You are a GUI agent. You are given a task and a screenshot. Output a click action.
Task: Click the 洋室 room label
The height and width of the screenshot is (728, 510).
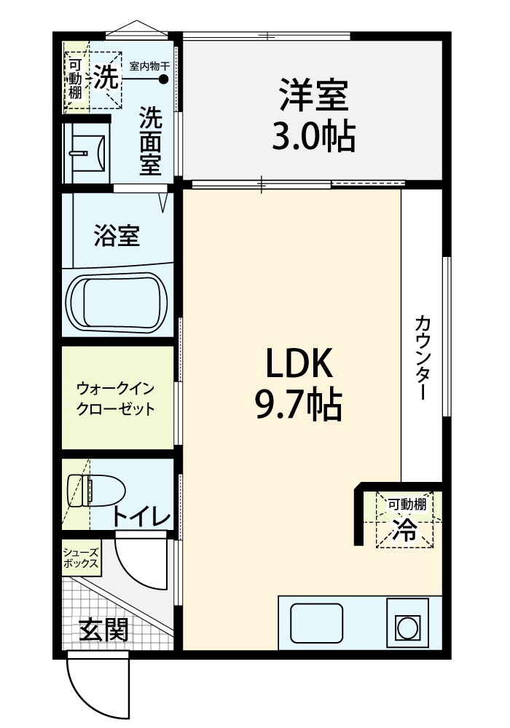click(313, 95)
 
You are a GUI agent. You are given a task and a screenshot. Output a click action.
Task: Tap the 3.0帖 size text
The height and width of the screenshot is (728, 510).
click(313, 136)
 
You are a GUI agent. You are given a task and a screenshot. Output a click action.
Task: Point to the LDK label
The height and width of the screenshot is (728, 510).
click(299, 364)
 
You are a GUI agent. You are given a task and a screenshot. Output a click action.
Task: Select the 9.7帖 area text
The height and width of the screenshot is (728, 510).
click(299, 404)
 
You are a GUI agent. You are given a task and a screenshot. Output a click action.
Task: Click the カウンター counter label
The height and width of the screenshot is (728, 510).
click(422, 357)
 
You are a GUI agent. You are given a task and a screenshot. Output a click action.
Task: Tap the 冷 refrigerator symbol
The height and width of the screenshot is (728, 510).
click(404, 530)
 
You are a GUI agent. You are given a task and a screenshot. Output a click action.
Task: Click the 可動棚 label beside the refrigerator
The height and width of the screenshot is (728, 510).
click(407, 505)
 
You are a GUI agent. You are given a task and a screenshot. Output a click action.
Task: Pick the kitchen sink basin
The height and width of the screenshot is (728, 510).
click(317, 622)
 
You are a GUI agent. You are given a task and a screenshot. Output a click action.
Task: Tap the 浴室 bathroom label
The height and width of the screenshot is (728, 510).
click(117, 235)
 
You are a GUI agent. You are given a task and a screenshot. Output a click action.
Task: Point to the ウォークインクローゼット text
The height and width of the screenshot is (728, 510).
click(115, 398)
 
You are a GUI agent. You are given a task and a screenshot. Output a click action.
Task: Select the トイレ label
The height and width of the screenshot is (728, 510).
click(141, 517)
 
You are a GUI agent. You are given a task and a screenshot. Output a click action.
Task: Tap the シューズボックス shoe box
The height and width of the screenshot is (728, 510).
click(82, 558)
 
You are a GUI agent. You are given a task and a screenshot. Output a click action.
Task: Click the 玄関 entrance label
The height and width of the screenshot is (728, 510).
click(103, 630)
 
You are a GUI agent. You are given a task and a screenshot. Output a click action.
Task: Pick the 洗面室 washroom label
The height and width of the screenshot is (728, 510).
click(151, 141)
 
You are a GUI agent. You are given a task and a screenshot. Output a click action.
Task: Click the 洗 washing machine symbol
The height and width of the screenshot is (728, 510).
click(106, 76)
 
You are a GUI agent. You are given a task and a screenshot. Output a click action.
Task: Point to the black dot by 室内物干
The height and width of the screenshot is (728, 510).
click(163, 79)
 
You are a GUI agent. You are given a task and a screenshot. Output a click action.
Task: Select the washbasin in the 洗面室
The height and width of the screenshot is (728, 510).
click(88, 153)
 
